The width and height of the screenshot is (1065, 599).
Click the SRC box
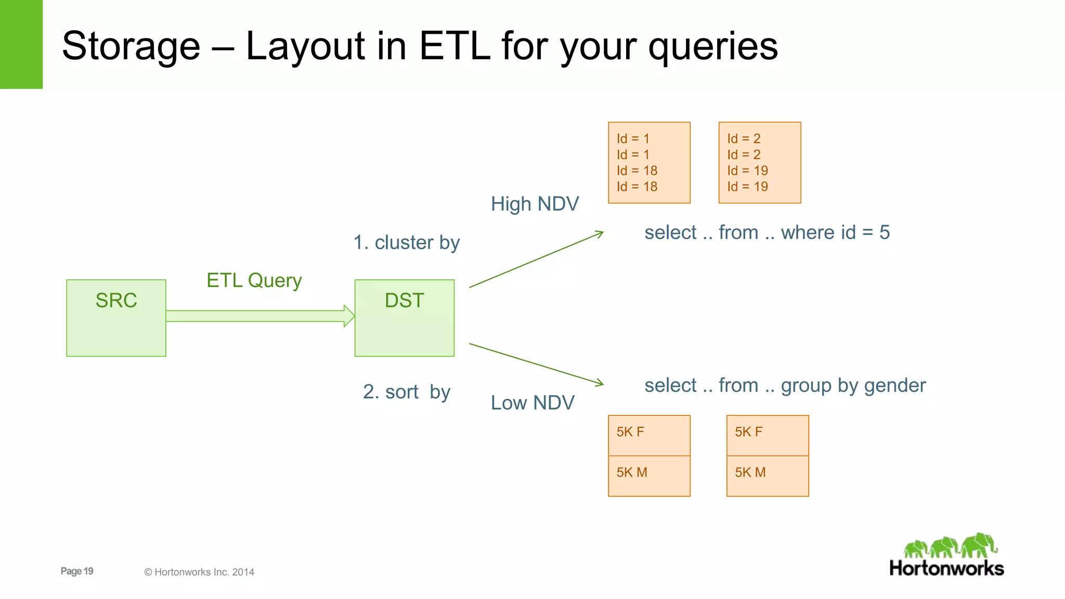(x=116, y=318)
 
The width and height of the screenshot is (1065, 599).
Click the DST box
(x=404, y=318)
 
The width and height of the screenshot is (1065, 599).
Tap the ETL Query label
(x=254, y=280)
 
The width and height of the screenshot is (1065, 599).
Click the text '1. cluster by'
(x=406, y=242)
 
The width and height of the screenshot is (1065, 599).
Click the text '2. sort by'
(x=406, y=392)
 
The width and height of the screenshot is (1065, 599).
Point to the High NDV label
(x=535, y=204)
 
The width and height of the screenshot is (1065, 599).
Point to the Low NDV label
(x=532, y=402)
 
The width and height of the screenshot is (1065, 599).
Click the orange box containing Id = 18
(x=649, y=162)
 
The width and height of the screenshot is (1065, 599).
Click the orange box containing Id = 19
(x=759, y=162)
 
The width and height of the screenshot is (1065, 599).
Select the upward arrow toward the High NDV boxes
(x=536, y=259)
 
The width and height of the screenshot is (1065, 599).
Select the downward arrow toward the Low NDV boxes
(x=536, y=363)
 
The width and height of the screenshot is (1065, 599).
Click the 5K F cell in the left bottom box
(x=649, y=435)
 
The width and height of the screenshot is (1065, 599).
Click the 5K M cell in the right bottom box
(x=767, y=476)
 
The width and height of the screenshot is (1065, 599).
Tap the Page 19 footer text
(x=77, y=571)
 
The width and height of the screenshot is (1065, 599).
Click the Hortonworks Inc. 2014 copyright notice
(x=199, y=572)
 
